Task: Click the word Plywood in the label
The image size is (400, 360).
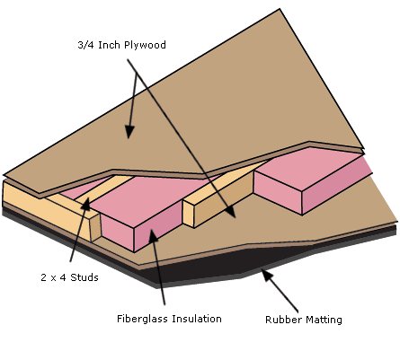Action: point(145,45)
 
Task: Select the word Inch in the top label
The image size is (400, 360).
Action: point(110,45)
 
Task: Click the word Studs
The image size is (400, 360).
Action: point(84,277)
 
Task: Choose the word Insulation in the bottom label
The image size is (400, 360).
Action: point(197,319)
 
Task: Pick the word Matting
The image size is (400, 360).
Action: point(324,320)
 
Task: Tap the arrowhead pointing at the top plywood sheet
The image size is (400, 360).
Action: point(129,132)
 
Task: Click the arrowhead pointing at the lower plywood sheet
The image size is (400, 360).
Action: point(231,212)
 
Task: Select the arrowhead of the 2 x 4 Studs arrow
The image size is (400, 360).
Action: point(85,204)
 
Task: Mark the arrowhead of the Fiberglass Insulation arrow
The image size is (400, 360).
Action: point(153,236)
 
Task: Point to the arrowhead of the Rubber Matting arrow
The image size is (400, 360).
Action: point(267,275)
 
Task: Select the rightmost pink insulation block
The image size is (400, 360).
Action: point(312,180)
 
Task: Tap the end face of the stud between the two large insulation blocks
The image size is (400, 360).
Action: point(188,214)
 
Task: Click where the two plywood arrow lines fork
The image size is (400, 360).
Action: point(137,74)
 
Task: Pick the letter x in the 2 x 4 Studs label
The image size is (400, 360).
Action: point(53,278)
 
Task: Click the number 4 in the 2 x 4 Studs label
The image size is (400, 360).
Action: point(63,277)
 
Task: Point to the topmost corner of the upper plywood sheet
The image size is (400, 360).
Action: point(280,9)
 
